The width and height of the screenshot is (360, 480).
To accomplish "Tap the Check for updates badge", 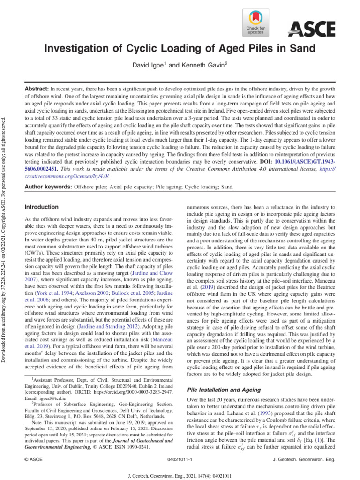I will [255, 23].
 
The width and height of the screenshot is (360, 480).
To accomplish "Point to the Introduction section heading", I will [41, 207].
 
